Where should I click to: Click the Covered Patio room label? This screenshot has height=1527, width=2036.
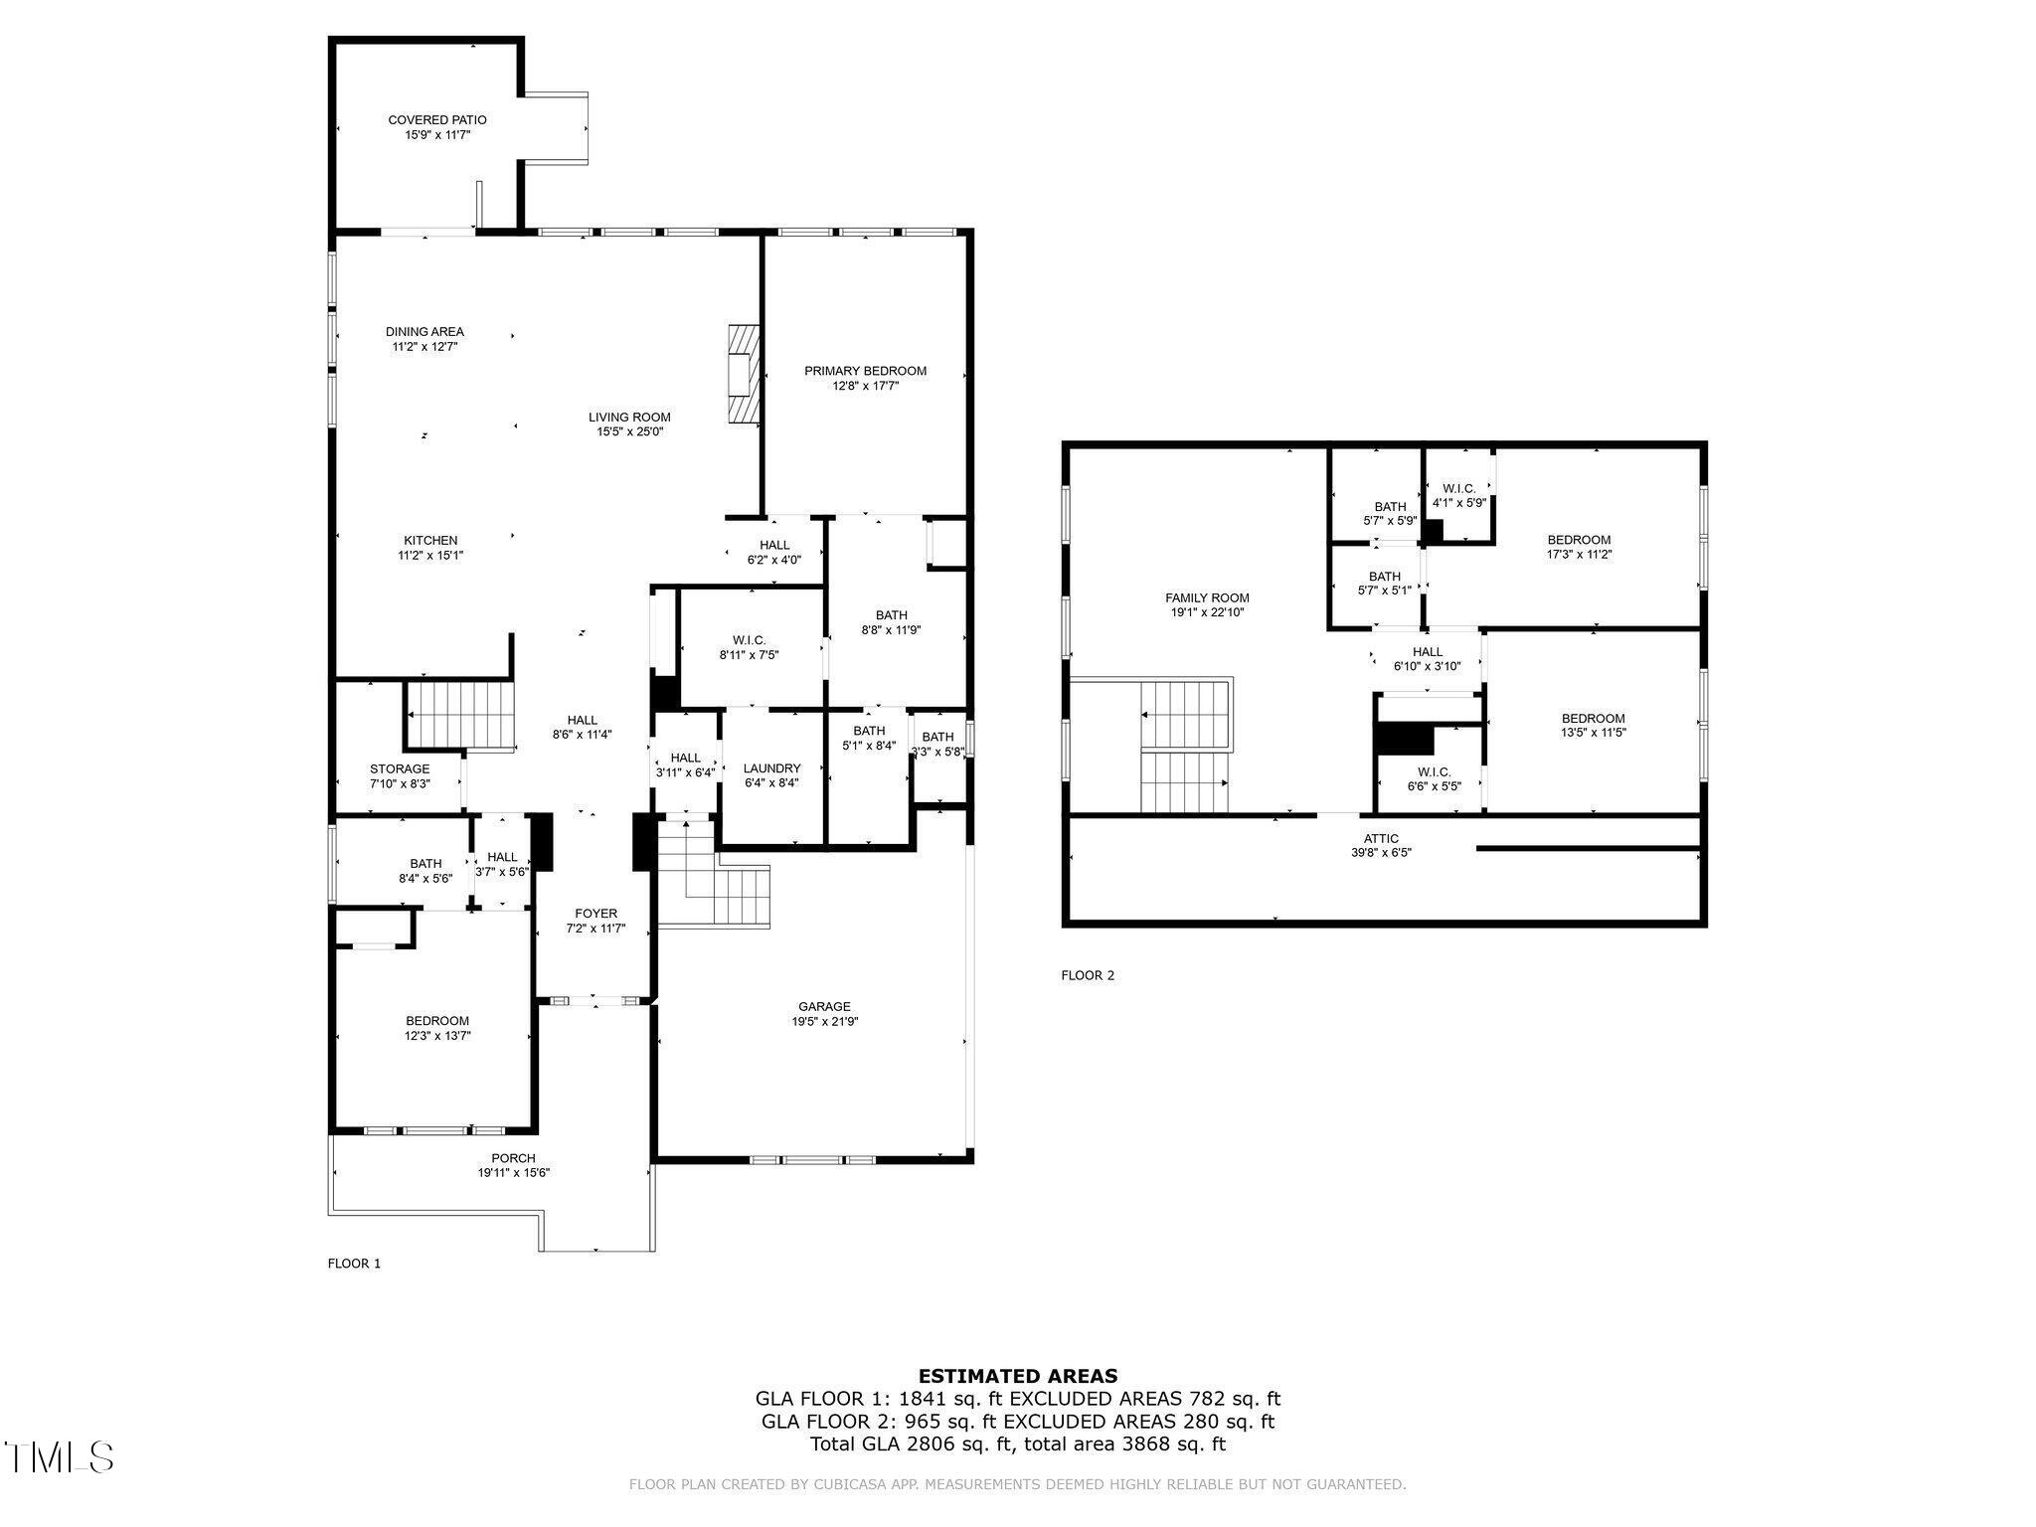click(x=436, y=120)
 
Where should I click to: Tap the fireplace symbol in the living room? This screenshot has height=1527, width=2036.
click(x=742, y=375)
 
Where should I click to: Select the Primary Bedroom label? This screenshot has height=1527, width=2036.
click(x=865, y=371)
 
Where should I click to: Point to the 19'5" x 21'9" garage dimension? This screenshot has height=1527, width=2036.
click(x=824, y=1021)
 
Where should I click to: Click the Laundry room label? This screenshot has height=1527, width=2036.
click(x=771, y=768)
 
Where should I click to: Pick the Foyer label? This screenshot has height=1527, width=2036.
click(x=595, y=914)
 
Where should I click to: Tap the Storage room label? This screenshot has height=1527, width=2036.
click(x=400, y=768)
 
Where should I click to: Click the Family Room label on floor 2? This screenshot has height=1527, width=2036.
click(x=1207, y=598)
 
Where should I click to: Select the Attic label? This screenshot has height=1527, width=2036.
click(x=1381, y=838)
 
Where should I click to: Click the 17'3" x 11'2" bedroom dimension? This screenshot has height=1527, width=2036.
click(x=1579, y=555)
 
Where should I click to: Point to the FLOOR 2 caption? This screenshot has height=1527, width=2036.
click(x=1088, y=975)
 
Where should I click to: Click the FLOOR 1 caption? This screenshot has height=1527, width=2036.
click(x=354, y=1264)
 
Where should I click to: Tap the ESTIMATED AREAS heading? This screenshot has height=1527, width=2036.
click(x=1017, y=1376)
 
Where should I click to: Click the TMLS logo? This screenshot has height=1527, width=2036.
click(x=59, y=1457)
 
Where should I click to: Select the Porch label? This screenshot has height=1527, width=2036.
click(x=513, y=1158)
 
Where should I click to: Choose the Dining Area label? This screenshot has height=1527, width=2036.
click(x=424, y=332)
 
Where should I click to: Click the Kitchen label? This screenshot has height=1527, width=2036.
click(x=430, y=541)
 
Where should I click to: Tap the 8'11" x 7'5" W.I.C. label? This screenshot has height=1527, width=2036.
click(x=750, y=655)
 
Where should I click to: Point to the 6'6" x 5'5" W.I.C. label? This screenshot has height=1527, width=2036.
click(x=1434, y=786)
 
